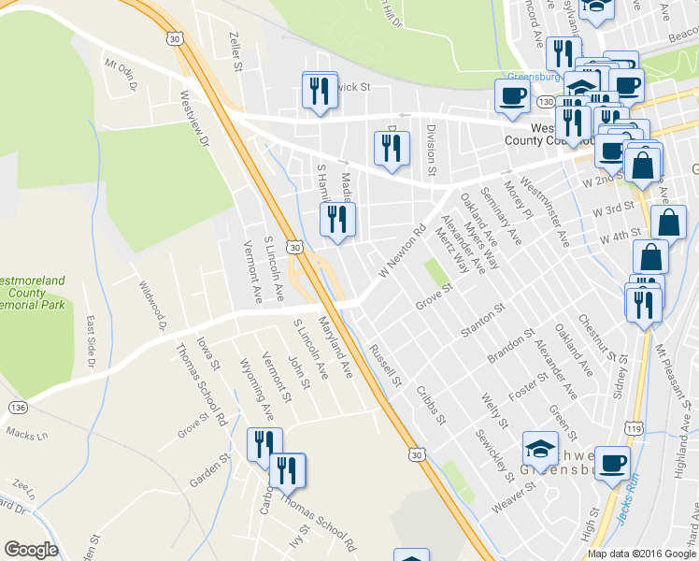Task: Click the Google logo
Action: [x=31, y=550]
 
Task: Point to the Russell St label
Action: [x=385, y=367]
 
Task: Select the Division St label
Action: [x=431, y=150]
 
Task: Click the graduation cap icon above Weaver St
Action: [x=540, y=448]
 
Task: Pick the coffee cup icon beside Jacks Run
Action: [x=613, y=463]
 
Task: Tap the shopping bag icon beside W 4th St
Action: [x=671, y=223]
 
